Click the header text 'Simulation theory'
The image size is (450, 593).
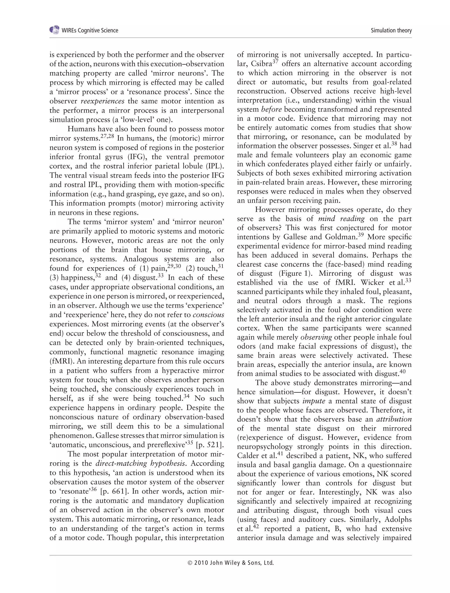coord(391,30)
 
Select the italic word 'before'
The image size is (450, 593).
coord(271,109)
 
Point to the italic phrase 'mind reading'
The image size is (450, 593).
coord(341,219)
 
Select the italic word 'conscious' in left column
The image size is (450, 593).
coord(208,315)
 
